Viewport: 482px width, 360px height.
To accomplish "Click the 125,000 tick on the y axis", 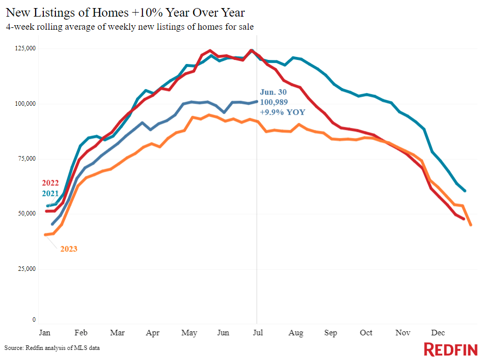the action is click(x=25, y=48).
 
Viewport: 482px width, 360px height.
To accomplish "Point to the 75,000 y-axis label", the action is click(x=27, y=159).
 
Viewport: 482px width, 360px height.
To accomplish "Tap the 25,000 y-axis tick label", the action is click(x=27, y=269).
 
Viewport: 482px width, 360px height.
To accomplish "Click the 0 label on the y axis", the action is click(x=34, y=320).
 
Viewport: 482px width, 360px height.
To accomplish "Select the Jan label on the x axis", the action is click(x=45, y=333).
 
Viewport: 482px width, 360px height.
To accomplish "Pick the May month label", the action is click(x=189, y=333).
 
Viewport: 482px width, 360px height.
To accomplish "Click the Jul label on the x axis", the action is click(x=258, y=333).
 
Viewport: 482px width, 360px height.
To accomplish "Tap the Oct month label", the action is click(x=366, y=333).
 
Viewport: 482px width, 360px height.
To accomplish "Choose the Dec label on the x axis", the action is click(x=438, y=333).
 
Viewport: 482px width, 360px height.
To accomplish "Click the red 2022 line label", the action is click(x=50, y=183).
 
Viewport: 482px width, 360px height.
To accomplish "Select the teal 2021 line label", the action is click(x=50, y=193).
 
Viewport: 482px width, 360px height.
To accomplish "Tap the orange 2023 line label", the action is click(x=68, y=249).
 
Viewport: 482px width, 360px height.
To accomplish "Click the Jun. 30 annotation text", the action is click(x=273, y=92).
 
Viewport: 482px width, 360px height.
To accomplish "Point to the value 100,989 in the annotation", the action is click(x=274, y=102).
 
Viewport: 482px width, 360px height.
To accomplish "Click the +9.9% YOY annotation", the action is click(x=282, y=112).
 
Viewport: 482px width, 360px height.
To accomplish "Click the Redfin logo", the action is click(x=450, y=349).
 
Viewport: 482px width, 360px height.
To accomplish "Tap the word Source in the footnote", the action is click(x=14, y=348).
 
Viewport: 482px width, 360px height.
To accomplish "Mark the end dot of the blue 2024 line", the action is click(x=257, y=101).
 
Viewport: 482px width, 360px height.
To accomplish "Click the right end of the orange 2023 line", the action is click(x=470, y=225).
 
